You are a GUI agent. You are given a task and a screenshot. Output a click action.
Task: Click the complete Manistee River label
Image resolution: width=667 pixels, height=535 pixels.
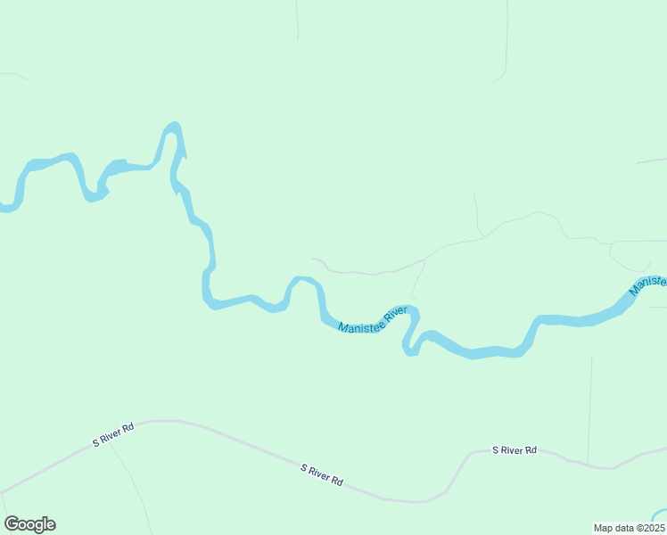coord(373,320)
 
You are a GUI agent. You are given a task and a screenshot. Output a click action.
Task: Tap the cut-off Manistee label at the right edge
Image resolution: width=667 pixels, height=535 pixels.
coord(648,285)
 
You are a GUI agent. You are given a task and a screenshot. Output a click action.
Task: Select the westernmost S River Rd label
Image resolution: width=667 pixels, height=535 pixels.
coord(113,434)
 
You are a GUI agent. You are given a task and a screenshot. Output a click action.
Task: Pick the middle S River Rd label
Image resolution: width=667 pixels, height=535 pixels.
coord(322,474)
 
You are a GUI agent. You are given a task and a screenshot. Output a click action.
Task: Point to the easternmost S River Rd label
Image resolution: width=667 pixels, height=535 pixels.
coord(515,450)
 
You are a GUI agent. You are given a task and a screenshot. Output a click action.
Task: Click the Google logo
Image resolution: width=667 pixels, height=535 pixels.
coord(30,524)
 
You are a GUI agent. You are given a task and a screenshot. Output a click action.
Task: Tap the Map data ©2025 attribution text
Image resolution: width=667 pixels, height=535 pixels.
coord(629,528)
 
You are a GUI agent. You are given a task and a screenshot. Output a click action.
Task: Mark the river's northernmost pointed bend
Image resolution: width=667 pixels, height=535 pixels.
coord(175,126)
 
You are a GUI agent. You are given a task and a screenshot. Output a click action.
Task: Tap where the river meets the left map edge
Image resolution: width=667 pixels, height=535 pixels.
coord(4,208)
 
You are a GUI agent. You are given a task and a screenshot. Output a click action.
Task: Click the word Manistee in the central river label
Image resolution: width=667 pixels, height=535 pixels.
coord(359,325)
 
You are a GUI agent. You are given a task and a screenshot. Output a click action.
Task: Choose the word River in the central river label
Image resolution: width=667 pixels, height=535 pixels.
coord(396,314)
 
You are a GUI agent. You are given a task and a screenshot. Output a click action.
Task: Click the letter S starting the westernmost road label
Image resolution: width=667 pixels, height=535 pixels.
coord(96,442)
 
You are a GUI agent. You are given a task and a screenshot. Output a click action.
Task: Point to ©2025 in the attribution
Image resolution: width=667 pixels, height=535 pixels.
coord(648,528)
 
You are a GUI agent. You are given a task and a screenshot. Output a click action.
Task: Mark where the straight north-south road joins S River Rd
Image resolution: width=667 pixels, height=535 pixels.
coord(588,464)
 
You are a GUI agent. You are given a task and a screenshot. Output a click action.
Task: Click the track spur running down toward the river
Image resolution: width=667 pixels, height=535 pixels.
coord(417,281)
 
